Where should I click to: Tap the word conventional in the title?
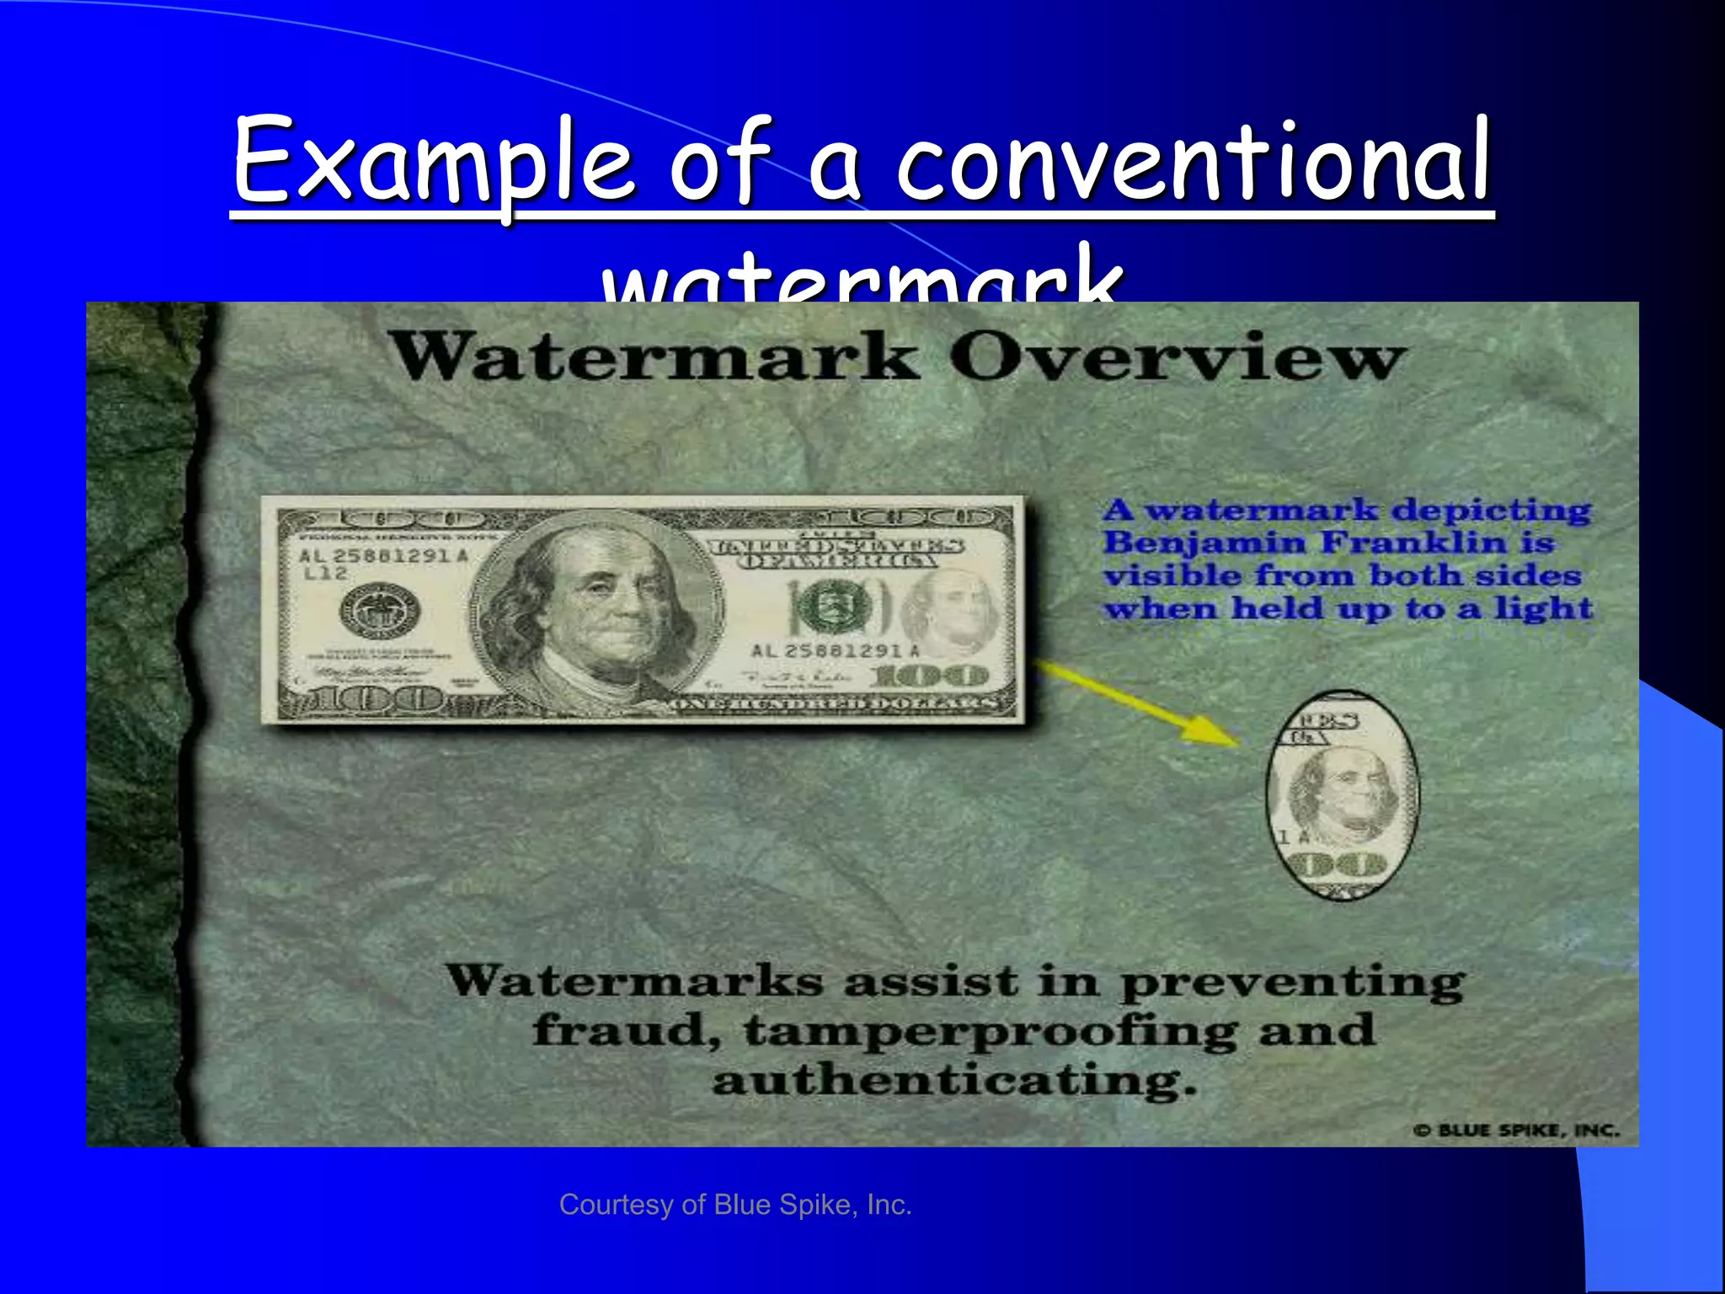[1194, 161]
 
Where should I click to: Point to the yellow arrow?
[1138, 703]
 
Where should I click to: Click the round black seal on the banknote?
[380, 610]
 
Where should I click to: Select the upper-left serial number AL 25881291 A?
[383, 556]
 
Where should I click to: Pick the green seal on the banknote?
[830, 608]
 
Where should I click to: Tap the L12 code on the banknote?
[325, 575]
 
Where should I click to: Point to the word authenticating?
[954, 1081]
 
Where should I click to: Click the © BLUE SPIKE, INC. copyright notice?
[1516, 1131]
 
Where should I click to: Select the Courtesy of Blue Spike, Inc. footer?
[735, 1205]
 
